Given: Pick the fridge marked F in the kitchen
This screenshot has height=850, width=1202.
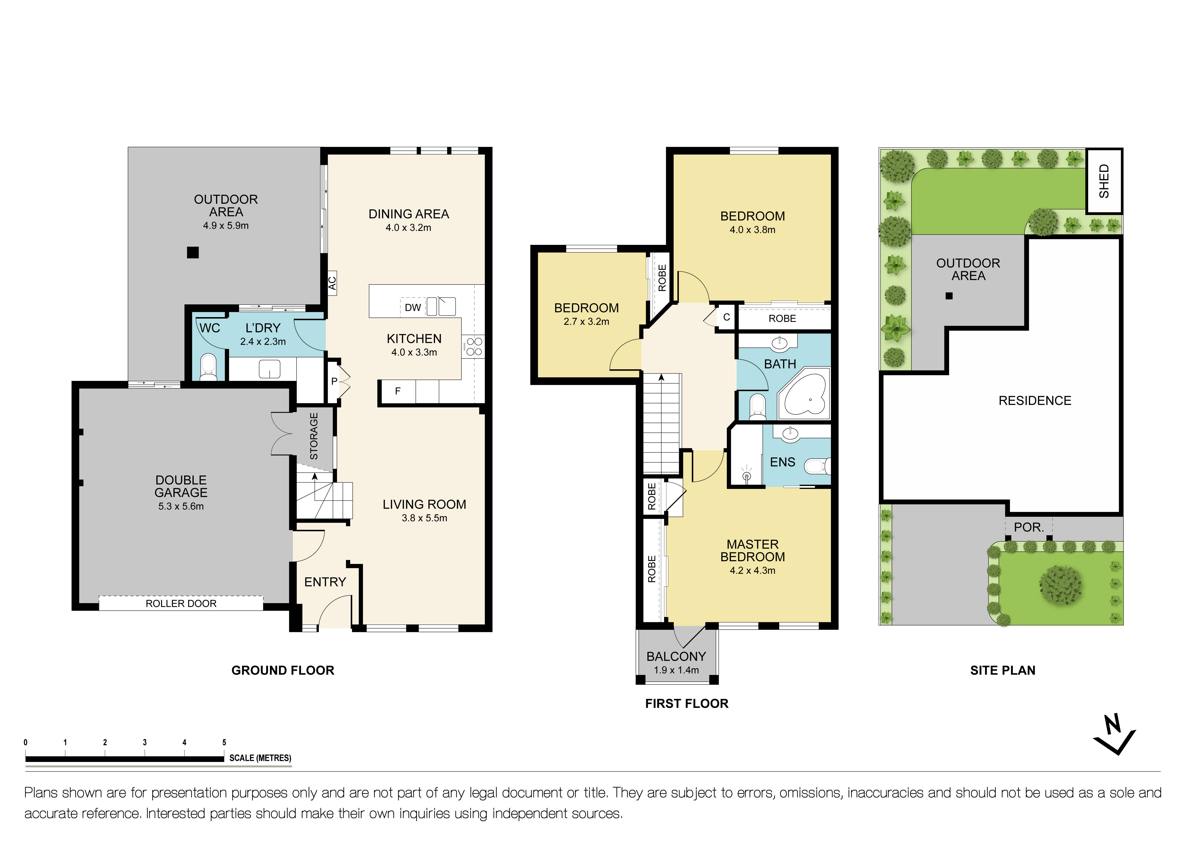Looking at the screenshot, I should point(397,391).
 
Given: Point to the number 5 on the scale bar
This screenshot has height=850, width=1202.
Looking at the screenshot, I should point(224,742).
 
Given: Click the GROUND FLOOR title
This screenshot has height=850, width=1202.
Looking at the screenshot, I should point(283,670).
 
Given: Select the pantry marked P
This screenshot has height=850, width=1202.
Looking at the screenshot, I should point(334,382).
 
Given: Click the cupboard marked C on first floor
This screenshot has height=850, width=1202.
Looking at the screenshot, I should point(726,317).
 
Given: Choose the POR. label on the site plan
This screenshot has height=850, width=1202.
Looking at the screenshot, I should point(1029,527).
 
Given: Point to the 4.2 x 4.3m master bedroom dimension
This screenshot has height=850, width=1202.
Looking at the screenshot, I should point(752,571).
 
